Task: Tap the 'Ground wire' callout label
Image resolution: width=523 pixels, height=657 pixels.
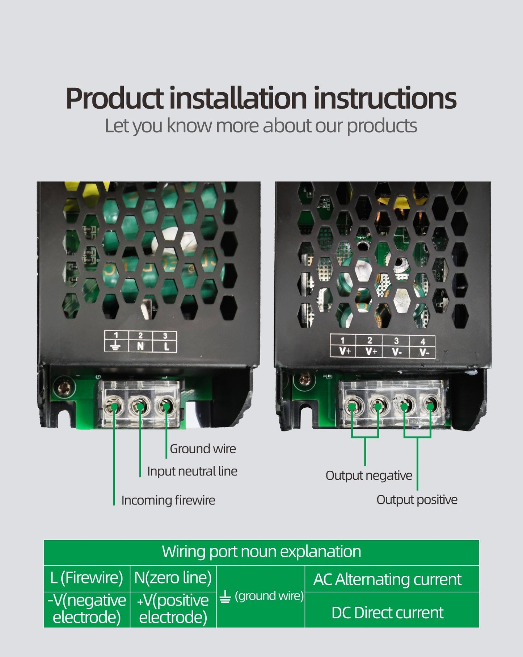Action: point(203,449)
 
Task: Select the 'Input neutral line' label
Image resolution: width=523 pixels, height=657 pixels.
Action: point(192,471)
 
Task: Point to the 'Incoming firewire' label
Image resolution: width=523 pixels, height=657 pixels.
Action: point(168,500)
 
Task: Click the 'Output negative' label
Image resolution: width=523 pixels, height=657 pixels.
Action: point(368,475)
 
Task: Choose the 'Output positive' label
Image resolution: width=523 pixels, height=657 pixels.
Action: point(417,500)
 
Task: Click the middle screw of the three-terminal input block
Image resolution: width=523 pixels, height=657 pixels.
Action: point(140,407)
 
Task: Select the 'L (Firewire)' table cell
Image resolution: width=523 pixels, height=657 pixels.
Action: point(87,578)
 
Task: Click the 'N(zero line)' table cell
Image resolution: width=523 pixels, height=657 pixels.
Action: point(173,578)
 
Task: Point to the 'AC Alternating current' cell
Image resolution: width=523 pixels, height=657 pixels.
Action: point(387,579)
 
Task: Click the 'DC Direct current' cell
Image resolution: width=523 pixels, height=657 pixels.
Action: point(387,612)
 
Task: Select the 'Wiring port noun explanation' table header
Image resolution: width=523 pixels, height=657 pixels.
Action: point(261,552)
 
